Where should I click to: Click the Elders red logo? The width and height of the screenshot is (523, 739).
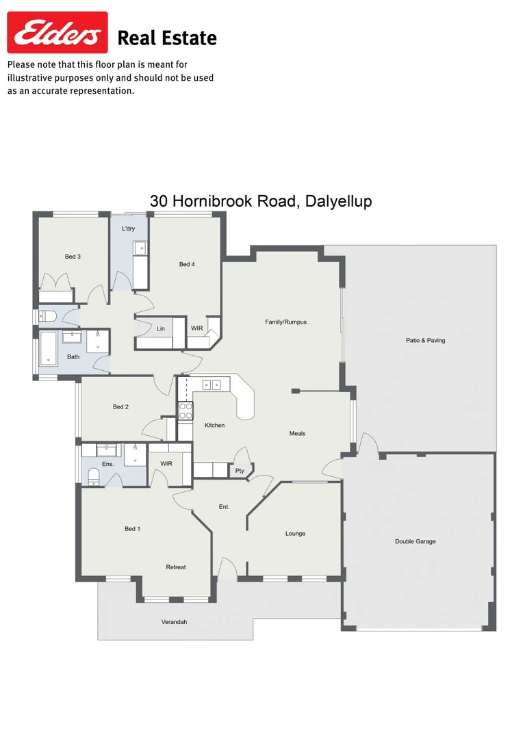[x=58, y=32]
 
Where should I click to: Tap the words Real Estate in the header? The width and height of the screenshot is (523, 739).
[x=167, y=38]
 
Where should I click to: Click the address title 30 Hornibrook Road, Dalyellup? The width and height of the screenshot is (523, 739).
[x=261, y=201]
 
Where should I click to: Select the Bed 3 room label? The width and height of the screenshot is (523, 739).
[x=73, y=257]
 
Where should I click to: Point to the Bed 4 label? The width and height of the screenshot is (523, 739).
[x=187, y=264]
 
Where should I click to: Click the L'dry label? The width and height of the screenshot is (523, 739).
[x=128, y=229]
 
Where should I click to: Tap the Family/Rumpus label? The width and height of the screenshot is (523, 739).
[x=285, y=322]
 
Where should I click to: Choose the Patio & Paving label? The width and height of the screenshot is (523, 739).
[x=425, y=340]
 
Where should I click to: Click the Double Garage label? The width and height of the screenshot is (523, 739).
[x=415, y=541]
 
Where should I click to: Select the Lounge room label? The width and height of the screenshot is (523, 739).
[x=295, y=534]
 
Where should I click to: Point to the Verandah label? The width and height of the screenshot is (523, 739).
[x=174, y=622]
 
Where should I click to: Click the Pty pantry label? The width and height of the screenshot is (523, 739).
[x=240, y=471]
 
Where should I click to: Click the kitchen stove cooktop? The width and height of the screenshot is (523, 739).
[x=186, y=411]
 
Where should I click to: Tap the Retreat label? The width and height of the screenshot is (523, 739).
[x=176, y=567]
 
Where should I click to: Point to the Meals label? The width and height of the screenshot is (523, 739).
[x=297, y=434]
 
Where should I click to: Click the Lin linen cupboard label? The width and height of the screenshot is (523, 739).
[x=161, y=328]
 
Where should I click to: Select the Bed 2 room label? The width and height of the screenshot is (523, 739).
[x=120, y=407]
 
